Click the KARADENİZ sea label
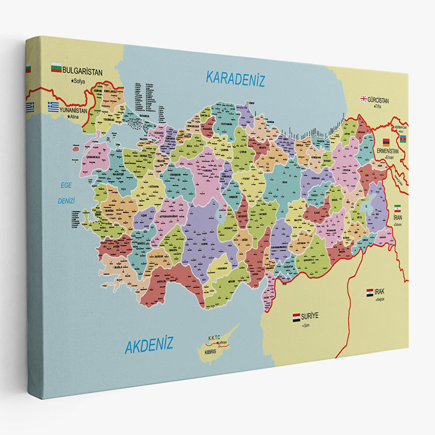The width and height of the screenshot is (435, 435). coord(235,79)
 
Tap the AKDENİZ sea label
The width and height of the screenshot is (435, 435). coord(149,345)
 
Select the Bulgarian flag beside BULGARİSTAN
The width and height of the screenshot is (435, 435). coord(56,67)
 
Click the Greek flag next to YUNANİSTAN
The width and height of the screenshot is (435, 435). coord(53,107)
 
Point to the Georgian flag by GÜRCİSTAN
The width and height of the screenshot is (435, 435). coord(363,98)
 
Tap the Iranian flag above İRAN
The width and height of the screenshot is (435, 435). coord(397,208)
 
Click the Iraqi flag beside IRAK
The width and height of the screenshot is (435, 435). coord(370,293)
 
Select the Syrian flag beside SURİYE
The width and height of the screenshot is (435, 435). coord(296,317)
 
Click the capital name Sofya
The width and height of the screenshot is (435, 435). coord(79,81)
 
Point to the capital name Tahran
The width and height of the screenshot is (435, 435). coord(398,225)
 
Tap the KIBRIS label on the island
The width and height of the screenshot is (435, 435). coord(210,352)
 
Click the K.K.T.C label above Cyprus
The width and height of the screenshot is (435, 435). coord(214,338)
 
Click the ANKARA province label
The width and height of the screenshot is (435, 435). coord(208,171)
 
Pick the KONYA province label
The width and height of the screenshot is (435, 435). coord(204,244)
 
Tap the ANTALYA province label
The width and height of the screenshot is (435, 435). coord(161,282)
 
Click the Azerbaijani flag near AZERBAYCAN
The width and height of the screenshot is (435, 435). coord(403,139)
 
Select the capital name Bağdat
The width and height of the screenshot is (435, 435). coord(380,299)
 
